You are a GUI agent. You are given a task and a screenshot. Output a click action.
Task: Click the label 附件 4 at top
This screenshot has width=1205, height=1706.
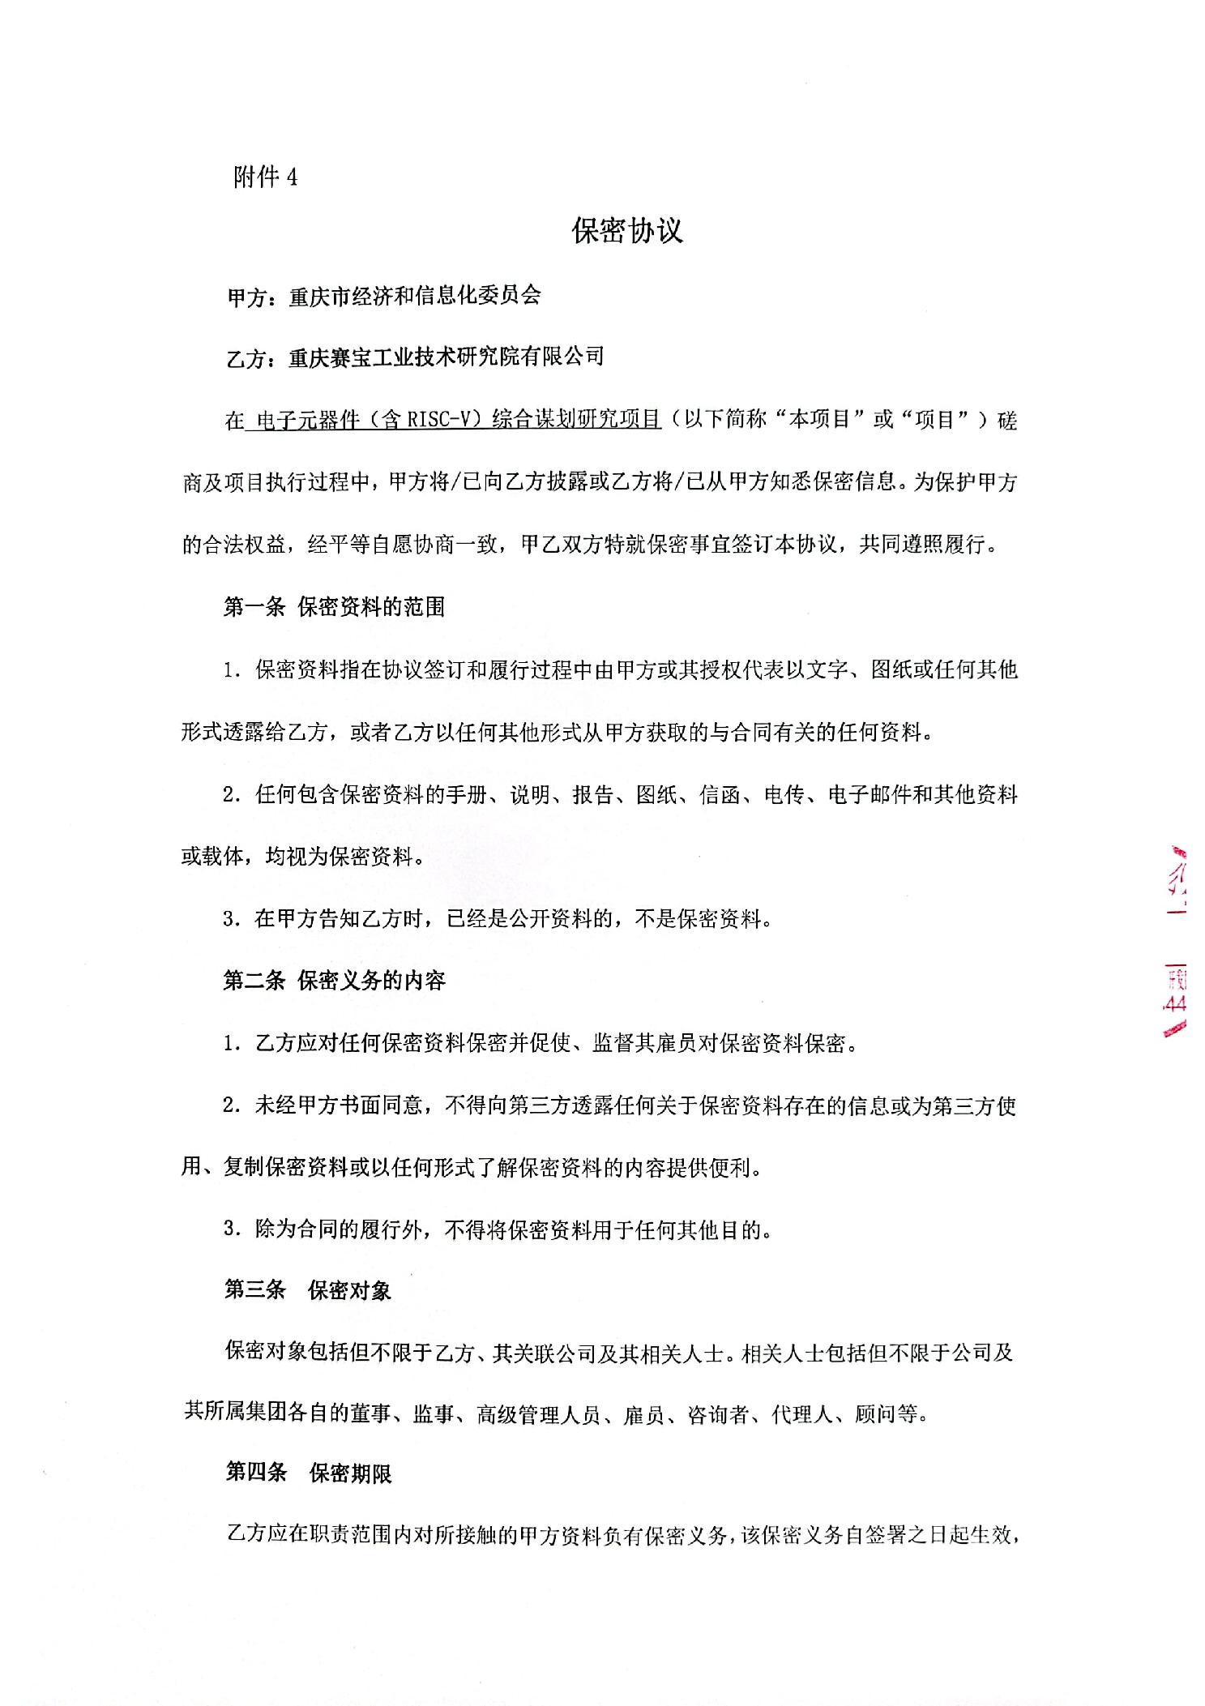(265, 177)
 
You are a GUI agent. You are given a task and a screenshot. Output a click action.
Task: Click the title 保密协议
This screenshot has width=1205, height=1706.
(627, 231)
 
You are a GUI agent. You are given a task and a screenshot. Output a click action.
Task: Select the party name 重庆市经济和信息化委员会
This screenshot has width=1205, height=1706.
(414, 297)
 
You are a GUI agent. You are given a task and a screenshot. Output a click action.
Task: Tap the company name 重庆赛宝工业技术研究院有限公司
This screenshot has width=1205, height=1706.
(446, 357)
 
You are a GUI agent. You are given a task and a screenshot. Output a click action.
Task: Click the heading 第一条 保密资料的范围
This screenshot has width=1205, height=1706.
(334, 607)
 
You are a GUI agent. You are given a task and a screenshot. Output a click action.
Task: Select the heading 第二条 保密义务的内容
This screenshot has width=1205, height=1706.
(334, 981)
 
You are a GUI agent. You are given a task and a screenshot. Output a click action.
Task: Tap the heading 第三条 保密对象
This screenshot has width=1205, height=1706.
(308, 1290)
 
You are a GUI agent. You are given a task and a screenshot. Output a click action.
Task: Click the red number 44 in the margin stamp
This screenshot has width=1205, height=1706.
(1174, 1003)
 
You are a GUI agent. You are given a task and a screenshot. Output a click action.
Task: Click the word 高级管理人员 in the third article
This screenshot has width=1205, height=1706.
(539, 1415)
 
